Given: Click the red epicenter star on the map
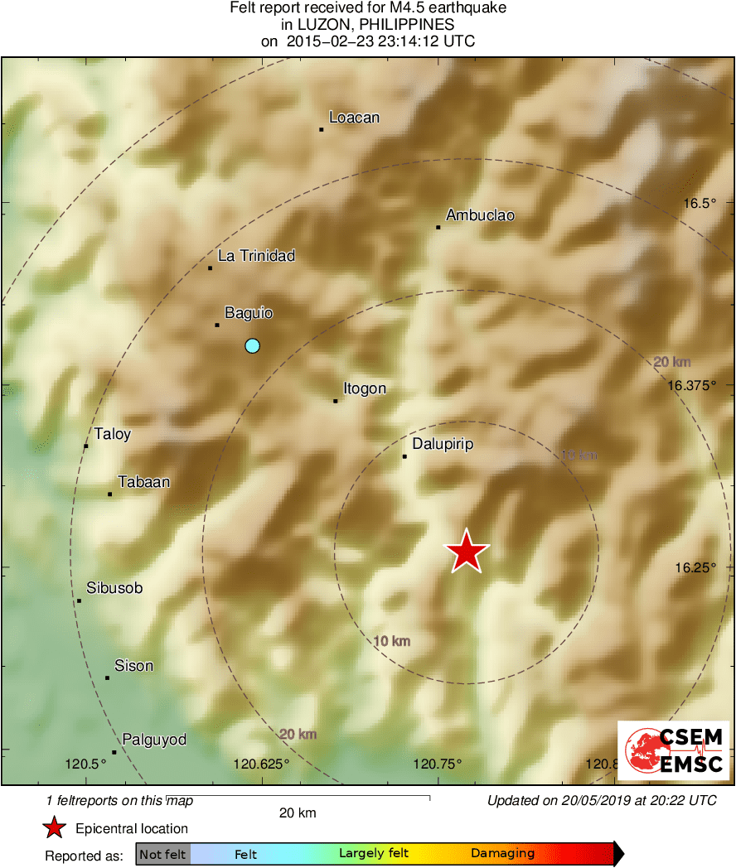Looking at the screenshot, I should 467,551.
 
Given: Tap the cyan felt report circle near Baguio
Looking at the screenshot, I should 253,345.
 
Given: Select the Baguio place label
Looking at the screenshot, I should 249,313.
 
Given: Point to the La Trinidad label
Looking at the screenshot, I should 256,256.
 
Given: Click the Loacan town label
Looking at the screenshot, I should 354,118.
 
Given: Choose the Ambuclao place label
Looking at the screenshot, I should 480,215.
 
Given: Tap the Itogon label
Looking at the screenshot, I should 365,388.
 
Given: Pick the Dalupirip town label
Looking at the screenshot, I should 443,444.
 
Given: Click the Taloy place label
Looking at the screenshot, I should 113,434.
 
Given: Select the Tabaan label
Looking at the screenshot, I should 143,481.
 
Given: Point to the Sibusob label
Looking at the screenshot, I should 114,588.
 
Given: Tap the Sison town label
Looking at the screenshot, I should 133,666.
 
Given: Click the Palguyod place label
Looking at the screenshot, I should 154,740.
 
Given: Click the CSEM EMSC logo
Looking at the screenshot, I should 673,750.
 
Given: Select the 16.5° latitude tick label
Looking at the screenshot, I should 699,203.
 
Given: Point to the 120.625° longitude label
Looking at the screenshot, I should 261,764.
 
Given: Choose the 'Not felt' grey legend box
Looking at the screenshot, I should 162,854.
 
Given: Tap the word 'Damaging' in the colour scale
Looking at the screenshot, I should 502,854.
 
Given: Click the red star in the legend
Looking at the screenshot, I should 55,828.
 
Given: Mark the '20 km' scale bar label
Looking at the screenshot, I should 297,813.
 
